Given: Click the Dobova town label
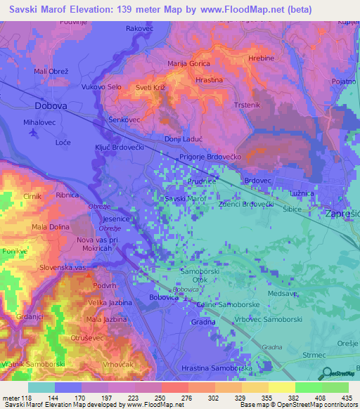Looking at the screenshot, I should click(x=50, y=105).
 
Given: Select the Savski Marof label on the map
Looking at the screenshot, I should click(x=184, y=199).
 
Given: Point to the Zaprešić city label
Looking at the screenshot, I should click(x=342, y=212).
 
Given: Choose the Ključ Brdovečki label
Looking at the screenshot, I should click(x=119, y=149).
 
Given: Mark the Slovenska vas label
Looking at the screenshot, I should click(x=63, y=268).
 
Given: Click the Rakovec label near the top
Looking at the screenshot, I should click(x=139, y=28).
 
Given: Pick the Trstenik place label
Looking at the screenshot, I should click(x=247, y=104).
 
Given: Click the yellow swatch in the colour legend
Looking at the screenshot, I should click(x=283, y=387).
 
